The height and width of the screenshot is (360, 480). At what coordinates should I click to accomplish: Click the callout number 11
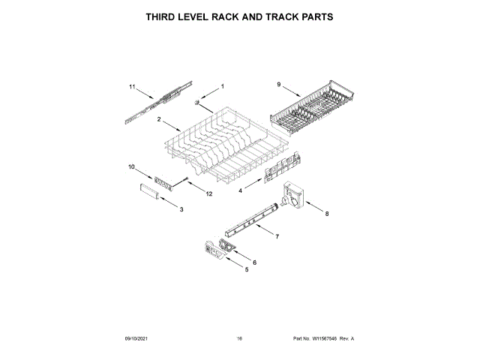pos(132,87)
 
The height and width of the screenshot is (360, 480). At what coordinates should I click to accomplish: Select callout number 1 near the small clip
pos(222,87)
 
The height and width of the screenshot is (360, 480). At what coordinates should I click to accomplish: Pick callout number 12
pos(209,194)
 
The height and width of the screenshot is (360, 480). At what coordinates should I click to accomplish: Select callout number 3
pos(181,209)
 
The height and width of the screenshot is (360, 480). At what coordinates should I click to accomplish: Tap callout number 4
pos(240,191)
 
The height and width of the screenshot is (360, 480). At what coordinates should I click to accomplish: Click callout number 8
pos(326,214)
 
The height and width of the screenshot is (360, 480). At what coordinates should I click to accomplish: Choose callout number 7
pos(277,236)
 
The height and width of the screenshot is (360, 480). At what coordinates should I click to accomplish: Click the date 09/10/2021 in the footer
pos(137,339)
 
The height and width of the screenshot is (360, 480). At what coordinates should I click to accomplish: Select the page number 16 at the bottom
pos(239,339)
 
